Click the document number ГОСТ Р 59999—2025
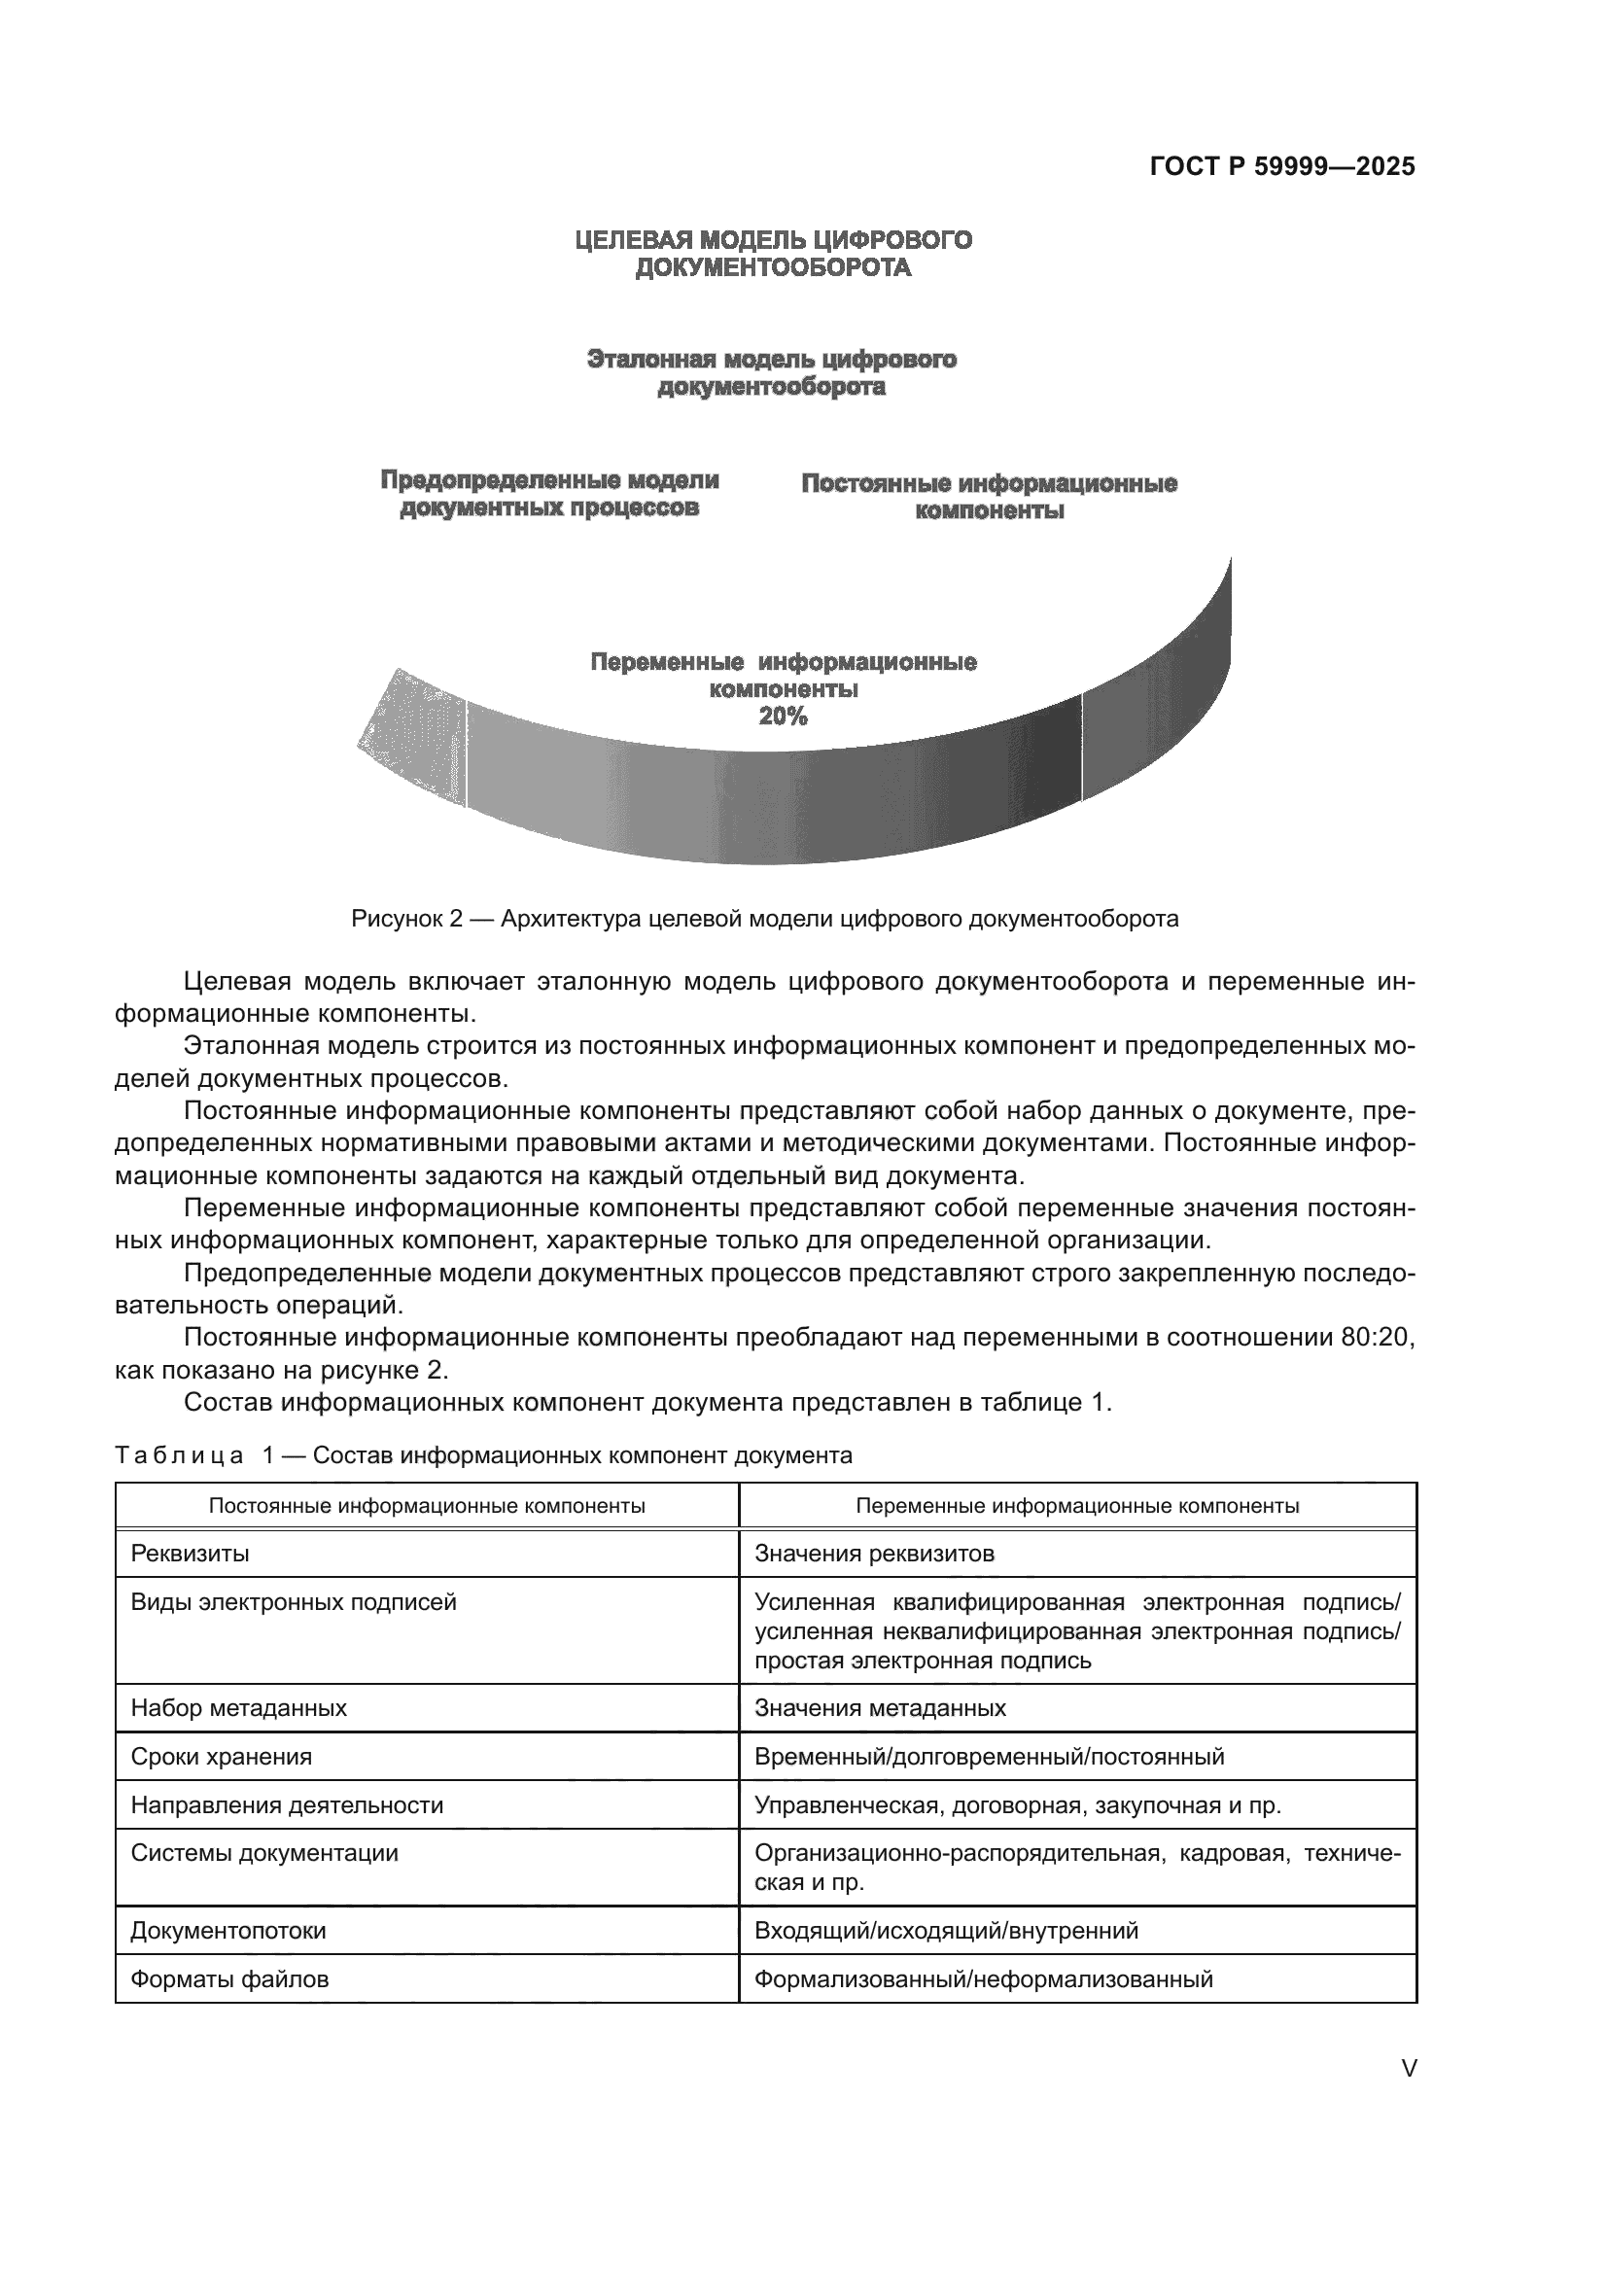[x=1281, y=166]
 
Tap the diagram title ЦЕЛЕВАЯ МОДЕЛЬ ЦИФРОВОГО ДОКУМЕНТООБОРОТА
[x=773, y=254]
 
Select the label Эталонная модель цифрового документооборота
[x=771, y=372]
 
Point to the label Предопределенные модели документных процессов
[x=549, y=493]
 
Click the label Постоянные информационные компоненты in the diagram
[x=988, y=497]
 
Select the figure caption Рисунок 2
[x=764, y=918]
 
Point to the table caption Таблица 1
[x=483, y=1455]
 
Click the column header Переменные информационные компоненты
[x=1076, y=1505]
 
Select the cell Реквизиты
[x=191, y=1553]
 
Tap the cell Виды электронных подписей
[x=293, y=1601]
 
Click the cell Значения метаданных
[x=879, y=1707]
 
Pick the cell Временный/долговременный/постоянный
[x=988, y=1756]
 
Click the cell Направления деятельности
[x=286, y=1804]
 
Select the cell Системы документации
[x=264, y=1853]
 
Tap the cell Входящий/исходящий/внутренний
[x=946, y=1931]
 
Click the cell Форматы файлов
[x=229, y=1978]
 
